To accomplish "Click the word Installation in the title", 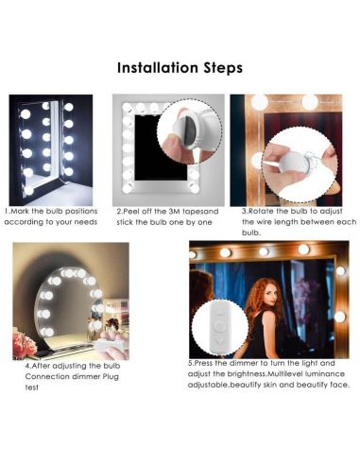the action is [158, 68].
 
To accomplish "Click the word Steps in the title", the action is [223, 68].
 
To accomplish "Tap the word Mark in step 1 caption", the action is [20, 211].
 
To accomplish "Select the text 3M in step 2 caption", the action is [174, 212].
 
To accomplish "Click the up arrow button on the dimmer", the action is [221, 313].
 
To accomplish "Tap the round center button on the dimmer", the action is [220, 326].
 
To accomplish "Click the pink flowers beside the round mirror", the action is [25, 343].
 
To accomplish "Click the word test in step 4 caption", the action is [31, 387].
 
